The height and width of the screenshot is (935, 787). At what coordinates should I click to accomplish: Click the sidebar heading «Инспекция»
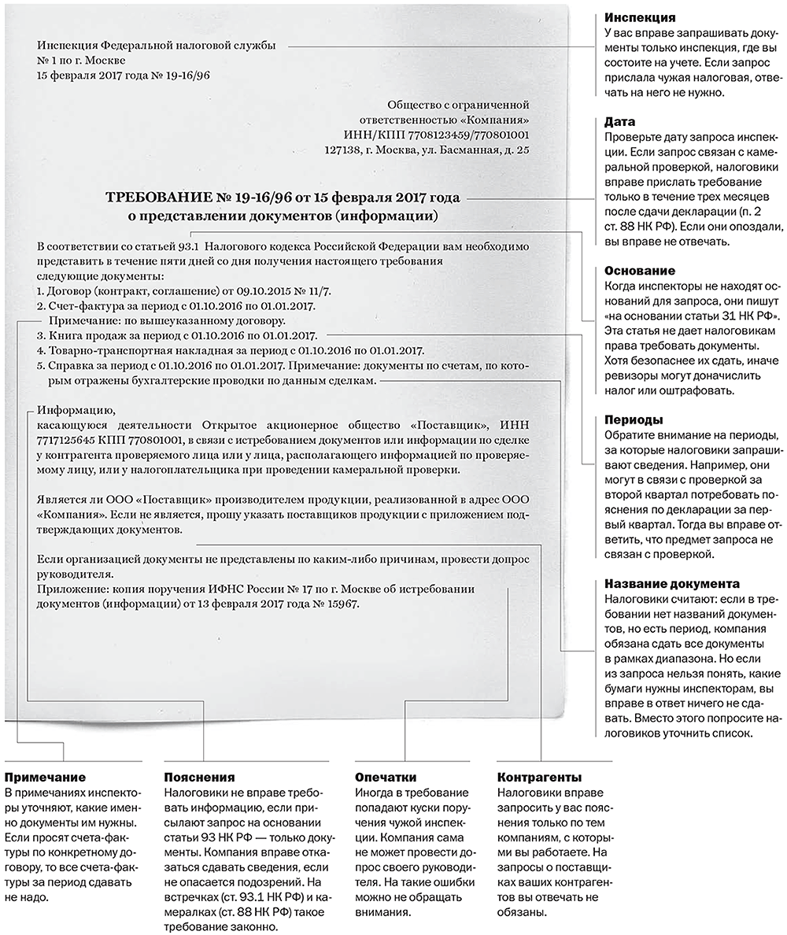pos(639,17)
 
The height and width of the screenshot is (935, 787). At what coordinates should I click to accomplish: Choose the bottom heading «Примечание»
pos(45,778)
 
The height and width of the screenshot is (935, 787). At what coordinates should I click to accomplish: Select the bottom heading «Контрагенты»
pos(540,778)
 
